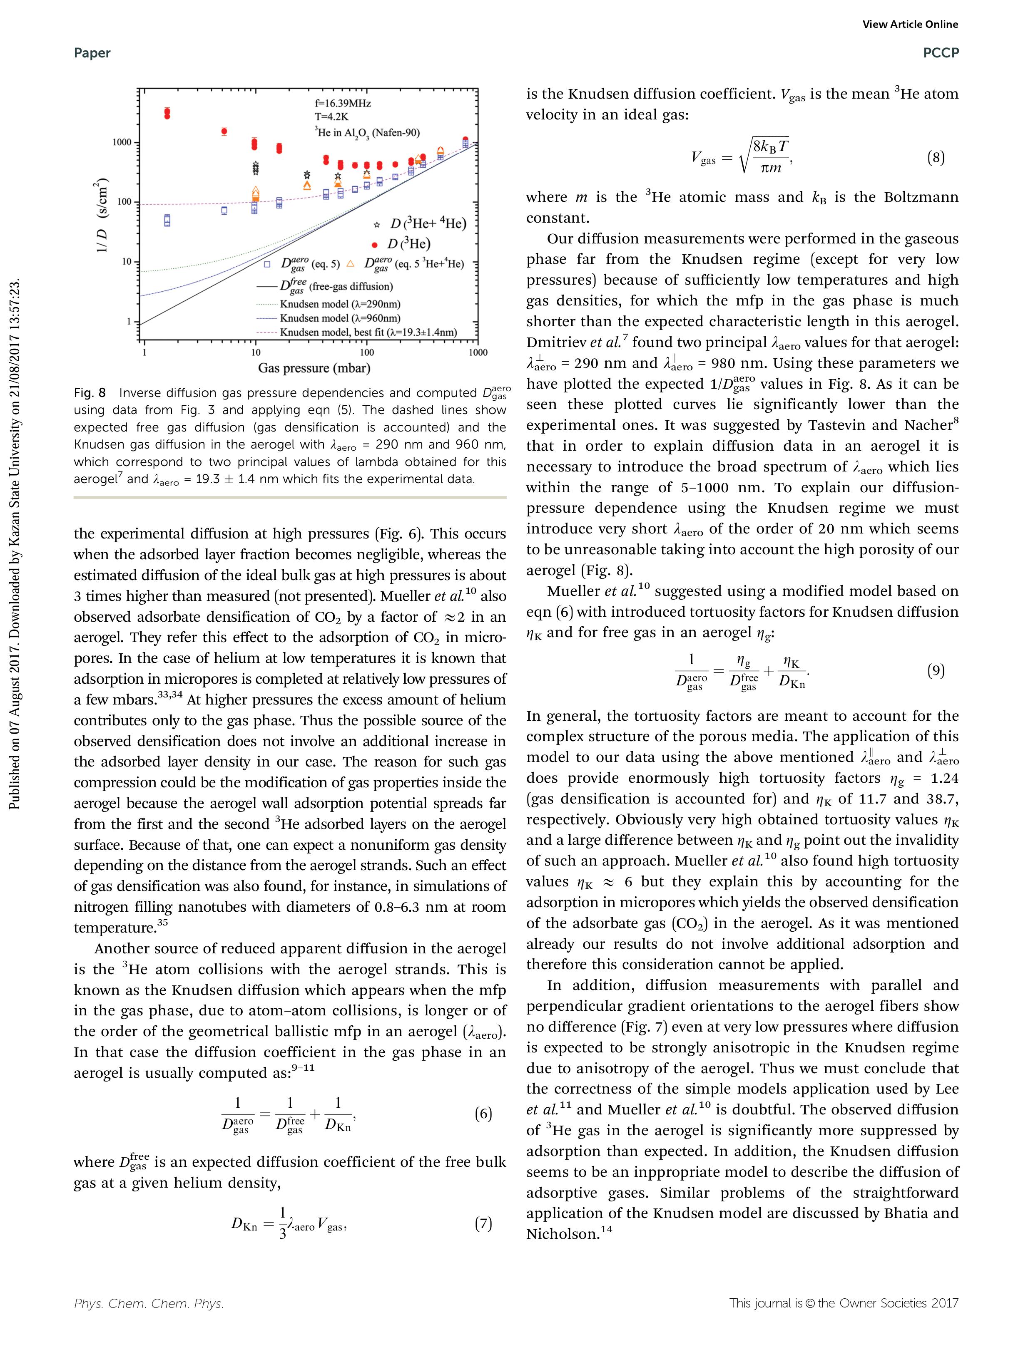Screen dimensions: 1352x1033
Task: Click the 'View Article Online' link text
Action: pyautogui.click(x=910, y=25)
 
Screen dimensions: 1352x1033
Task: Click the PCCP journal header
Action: pyautogui.click(x=941, y=53)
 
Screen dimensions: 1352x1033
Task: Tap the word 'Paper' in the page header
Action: pyautogui.click(x=92, y=53)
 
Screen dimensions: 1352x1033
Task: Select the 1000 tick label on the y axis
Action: pyautogui.click(x=122, y=143)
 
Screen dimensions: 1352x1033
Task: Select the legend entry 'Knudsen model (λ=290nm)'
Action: pyautogui.click(x=340, y=304)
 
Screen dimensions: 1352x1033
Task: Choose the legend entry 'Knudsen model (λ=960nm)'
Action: pyautogui.click(x=340, y=318)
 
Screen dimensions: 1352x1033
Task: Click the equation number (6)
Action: pyautogui.click(x=483, y=1114)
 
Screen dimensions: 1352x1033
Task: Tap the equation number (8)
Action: pyautogui.click(x=935, y=158)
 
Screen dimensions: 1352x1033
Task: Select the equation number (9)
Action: pyautogui.click(x=935, y=670)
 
